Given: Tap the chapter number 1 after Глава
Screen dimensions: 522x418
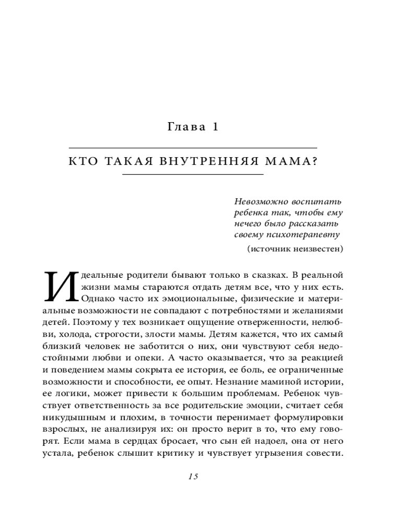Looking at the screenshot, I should (x=215, y=127).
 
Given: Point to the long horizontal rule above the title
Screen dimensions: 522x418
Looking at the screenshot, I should (x=193, y=148).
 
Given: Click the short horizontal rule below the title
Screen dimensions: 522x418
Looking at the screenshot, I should (x=193, y=175).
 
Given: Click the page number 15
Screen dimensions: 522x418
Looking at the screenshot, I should (x=193, y=477).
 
